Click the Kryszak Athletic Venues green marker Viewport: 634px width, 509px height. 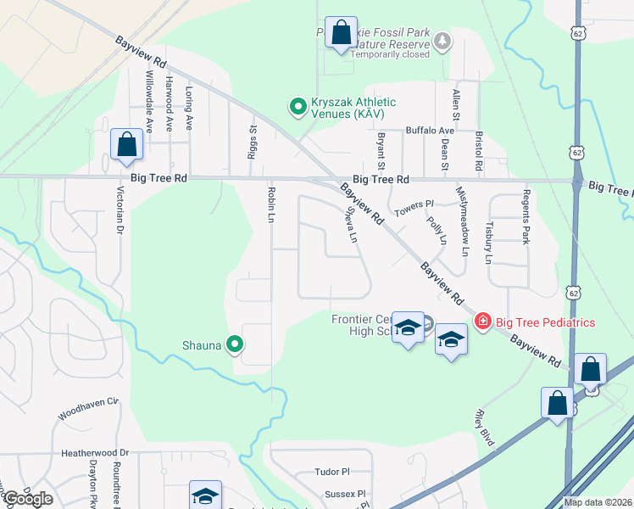(298, 107)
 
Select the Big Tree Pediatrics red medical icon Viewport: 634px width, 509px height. (483, 322)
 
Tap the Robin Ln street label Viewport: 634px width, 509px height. (271, 204)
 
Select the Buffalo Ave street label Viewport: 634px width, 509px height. (430, 131)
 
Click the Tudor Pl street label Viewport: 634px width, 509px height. (332, 472)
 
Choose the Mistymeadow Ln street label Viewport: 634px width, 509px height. (463, 221)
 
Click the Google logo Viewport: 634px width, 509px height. (27, 499)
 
